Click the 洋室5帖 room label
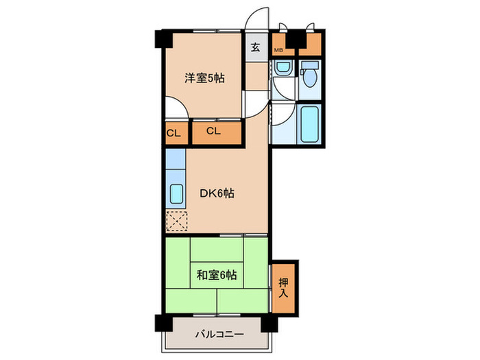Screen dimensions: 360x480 [x=204, y=78]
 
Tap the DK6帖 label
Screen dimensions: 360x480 [x=217, y=194]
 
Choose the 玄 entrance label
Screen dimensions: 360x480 [x=255, y=47]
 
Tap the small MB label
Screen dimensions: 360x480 [x=279, y=50]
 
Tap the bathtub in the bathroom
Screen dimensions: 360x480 [x=311, y=122]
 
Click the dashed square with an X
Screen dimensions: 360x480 [x=176, y=221]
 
